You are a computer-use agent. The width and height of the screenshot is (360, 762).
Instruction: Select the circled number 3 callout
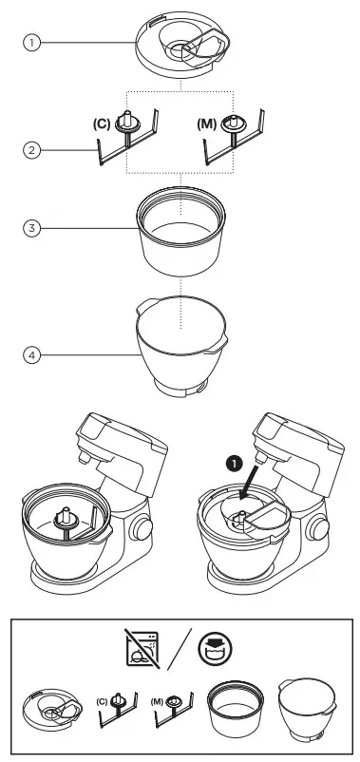tap(32, 229)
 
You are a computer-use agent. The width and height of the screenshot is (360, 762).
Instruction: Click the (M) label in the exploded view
tap(204, 124)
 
